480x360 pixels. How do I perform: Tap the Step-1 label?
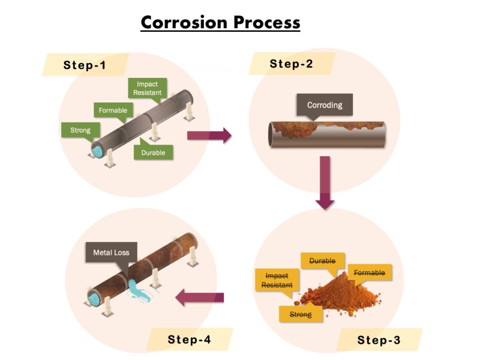(85, 65)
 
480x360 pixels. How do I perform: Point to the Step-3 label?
(379, 340)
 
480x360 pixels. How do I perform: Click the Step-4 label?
(189, 339)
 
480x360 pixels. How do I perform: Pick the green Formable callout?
(113, 111)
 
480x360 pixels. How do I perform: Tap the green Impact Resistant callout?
(147, 88)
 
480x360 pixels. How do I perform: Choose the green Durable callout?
(153, 152)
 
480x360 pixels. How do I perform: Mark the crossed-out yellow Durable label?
(322, 261)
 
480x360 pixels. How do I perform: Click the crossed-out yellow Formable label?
(369, 273)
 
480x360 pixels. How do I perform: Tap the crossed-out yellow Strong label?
(300, 314)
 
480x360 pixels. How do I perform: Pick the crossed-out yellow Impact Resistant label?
(277, 280)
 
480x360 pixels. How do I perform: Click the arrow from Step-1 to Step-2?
(209, 135)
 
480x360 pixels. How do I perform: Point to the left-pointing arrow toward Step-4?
(200, 297)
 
